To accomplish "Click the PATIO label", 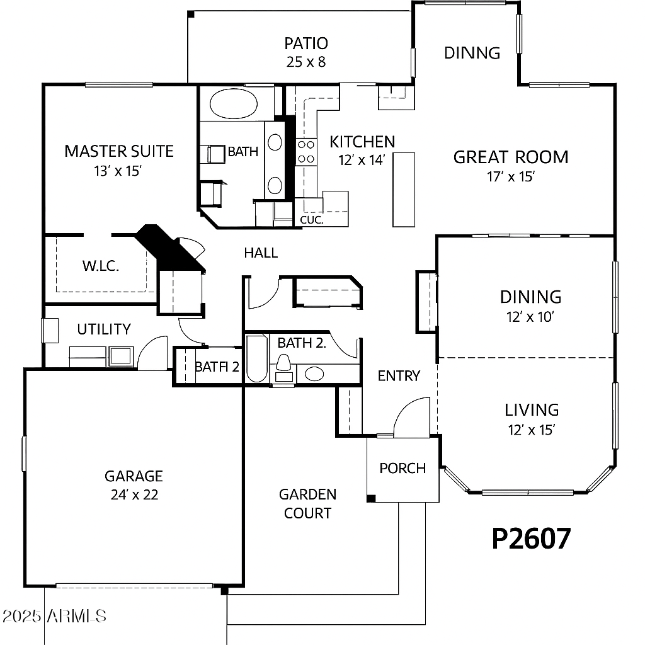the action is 306,43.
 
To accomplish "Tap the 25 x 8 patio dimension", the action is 306,62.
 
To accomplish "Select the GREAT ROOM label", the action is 510,157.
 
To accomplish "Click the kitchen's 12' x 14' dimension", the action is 362,160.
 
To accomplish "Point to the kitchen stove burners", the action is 306,151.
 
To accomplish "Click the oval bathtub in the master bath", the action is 234,104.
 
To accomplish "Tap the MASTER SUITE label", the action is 119,151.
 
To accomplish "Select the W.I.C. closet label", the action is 101,266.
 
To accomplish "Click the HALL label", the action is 261,253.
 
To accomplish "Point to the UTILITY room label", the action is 104,329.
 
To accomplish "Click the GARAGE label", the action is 134,476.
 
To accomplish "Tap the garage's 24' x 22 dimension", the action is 135,494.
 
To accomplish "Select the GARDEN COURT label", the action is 307,503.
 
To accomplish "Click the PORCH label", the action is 402,468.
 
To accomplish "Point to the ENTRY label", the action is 399,375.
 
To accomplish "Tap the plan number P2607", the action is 532,538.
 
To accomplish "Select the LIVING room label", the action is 532,410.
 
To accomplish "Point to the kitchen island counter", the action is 404,190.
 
